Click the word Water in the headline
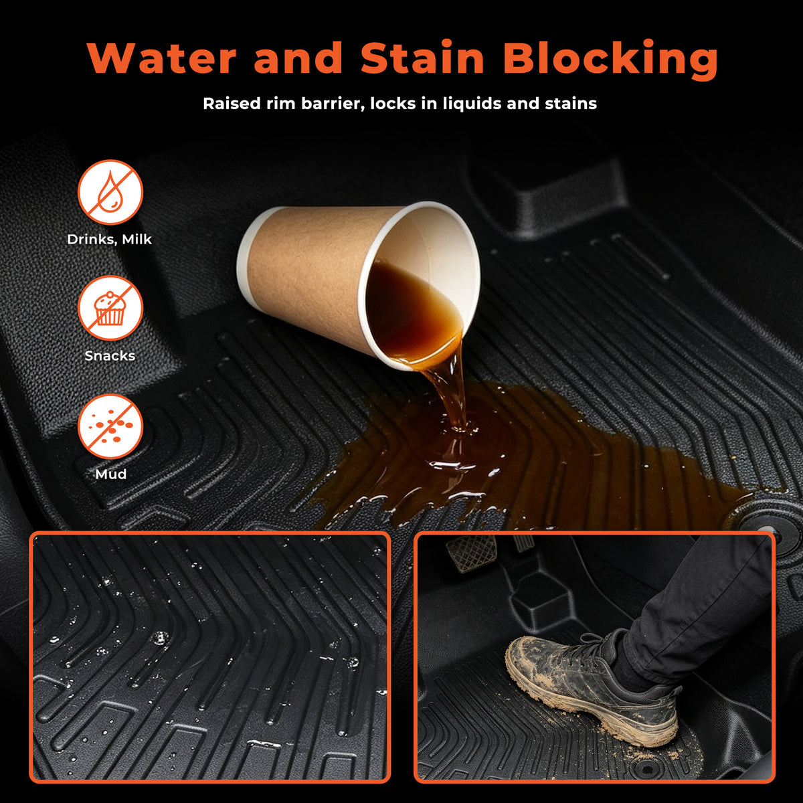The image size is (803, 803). coord(162,58)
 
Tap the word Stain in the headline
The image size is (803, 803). coord(422,58)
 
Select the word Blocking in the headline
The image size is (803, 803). coord(611,59)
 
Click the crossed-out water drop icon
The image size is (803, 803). coord(110,192)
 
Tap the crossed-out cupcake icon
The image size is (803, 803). coord(110,308)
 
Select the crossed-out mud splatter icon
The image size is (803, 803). coord(110,426)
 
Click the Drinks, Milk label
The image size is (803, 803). coord(110,239)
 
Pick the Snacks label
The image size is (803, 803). coord(110,355)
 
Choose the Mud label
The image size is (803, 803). coord(111,474)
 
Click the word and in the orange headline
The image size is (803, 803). coord(298,58)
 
